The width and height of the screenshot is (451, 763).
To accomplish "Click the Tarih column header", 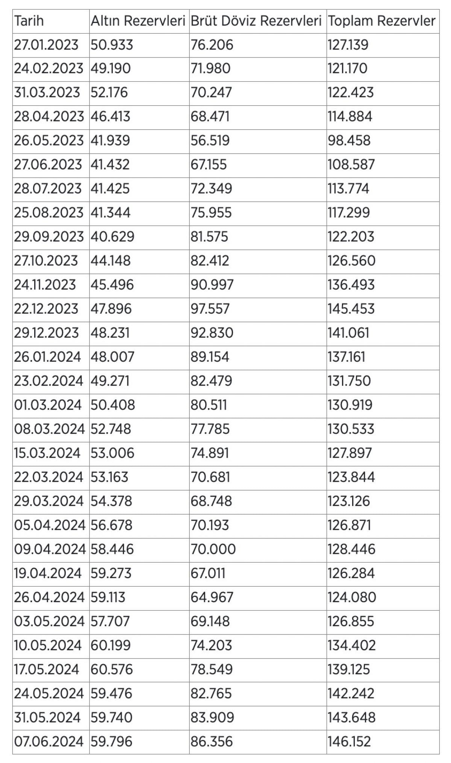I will pos(29,21).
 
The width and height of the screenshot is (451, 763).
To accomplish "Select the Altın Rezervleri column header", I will pos(138,21).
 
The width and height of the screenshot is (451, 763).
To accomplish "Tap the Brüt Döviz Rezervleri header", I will pos(256,21).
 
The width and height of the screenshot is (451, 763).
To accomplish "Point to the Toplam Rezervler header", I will pos(381,21).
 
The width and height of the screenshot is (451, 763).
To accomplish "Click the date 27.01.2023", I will pos(46,45).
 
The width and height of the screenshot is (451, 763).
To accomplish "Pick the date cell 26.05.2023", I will pos(48,141).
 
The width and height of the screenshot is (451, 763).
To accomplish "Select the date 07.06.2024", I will pos(48,741).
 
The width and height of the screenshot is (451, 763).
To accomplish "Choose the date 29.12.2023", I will pos(47,333).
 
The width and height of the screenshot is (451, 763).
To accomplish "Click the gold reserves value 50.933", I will pos(112,45).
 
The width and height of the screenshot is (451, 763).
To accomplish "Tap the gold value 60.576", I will pos(112,669).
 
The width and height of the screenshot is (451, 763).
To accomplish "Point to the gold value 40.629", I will pos(112,236).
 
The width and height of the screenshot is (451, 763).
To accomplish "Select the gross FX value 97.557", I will pos(210,309).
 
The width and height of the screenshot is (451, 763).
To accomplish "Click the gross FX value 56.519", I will pos(210,141).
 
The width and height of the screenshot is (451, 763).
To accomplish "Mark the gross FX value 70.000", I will pos(213,549).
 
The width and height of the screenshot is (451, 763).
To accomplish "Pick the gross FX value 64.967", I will pos(212,597).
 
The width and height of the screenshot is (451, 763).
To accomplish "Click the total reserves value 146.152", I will pos(349,741).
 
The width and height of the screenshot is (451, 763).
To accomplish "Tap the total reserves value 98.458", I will pos(349,141).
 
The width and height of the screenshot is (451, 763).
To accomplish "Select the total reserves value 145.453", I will pos(351,309).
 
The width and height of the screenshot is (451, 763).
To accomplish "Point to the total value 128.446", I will pos(351,549).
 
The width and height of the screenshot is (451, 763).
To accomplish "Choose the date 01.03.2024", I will pos(48,405).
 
